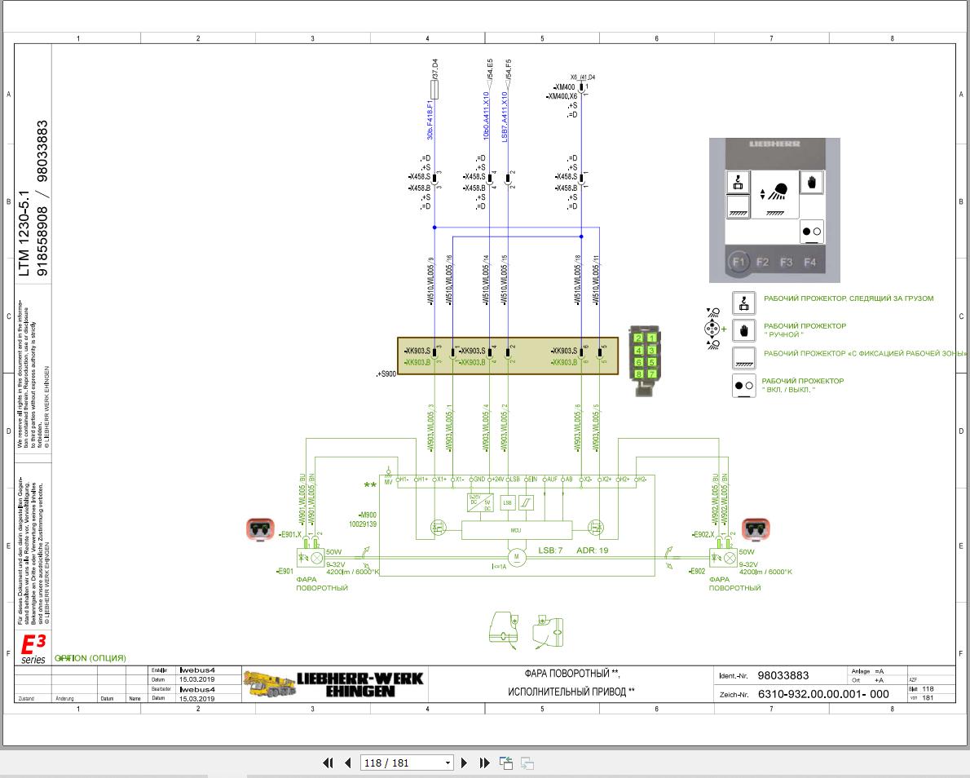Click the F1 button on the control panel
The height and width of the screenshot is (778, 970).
pos(739,262)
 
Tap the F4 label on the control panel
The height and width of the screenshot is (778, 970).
pos(809,263)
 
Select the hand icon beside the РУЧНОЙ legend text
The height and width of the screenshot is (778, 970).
pos(744,330)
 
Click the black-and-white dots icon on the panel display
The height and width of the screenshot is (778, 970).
pos(812,232)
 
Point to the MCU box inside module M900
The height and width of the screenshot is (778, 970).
pos(515,530)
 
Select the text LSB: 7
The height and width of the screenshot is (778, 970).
pos(550,550)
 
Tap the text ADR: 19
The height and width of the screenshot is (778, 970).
pos(593,550)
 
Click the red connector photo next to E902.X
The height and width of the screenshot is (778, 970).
pos(756,529)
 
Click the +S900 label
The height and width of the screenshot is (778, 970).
pos(386,374)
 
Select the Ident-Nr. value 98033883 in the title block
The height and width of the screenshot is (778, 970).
pos(783,675)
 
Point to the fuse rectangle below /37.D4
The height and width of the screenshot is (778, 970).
pos(434,89)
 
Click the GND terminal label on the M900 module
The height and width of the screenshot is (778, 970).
pos(479,479)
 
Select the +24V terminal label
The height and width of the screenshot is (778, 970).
pos(498,479)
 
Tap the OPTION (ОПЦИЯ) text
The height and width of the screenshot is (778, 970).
pos(90,658)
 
